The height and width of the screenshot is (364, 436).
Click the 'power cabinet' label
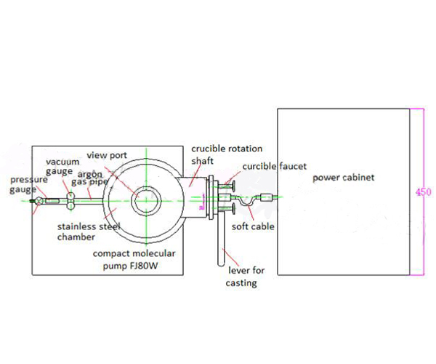coord(343,178)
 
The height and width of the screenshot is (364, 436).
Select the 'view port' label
coord(107,154)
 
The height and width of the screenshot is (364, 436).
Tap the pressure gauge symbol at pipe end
coord(35,201)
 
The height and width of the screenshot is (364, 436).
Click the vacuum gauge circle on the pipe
coord(70,198)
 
